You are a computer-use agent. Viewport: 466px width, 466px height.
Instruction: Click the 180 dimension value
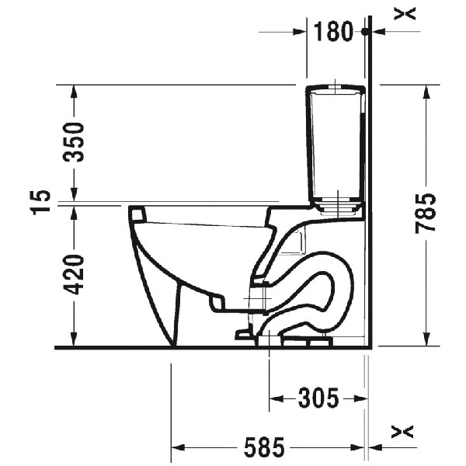point(335,32)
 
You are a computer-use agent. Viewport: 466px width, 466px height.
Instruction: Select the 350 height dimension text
point(74,142)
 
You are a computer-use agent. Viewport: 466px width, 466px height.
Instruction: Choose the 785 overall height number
point(427,214)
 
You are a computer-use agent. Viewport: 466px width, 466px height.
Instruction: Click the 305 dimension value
point(318,399)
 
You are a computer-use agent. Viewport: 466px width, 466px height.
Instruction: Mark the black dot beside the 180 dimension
point(363,32)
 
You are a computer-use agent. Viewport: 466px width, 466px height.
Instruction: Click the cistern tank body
point(336,148)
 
